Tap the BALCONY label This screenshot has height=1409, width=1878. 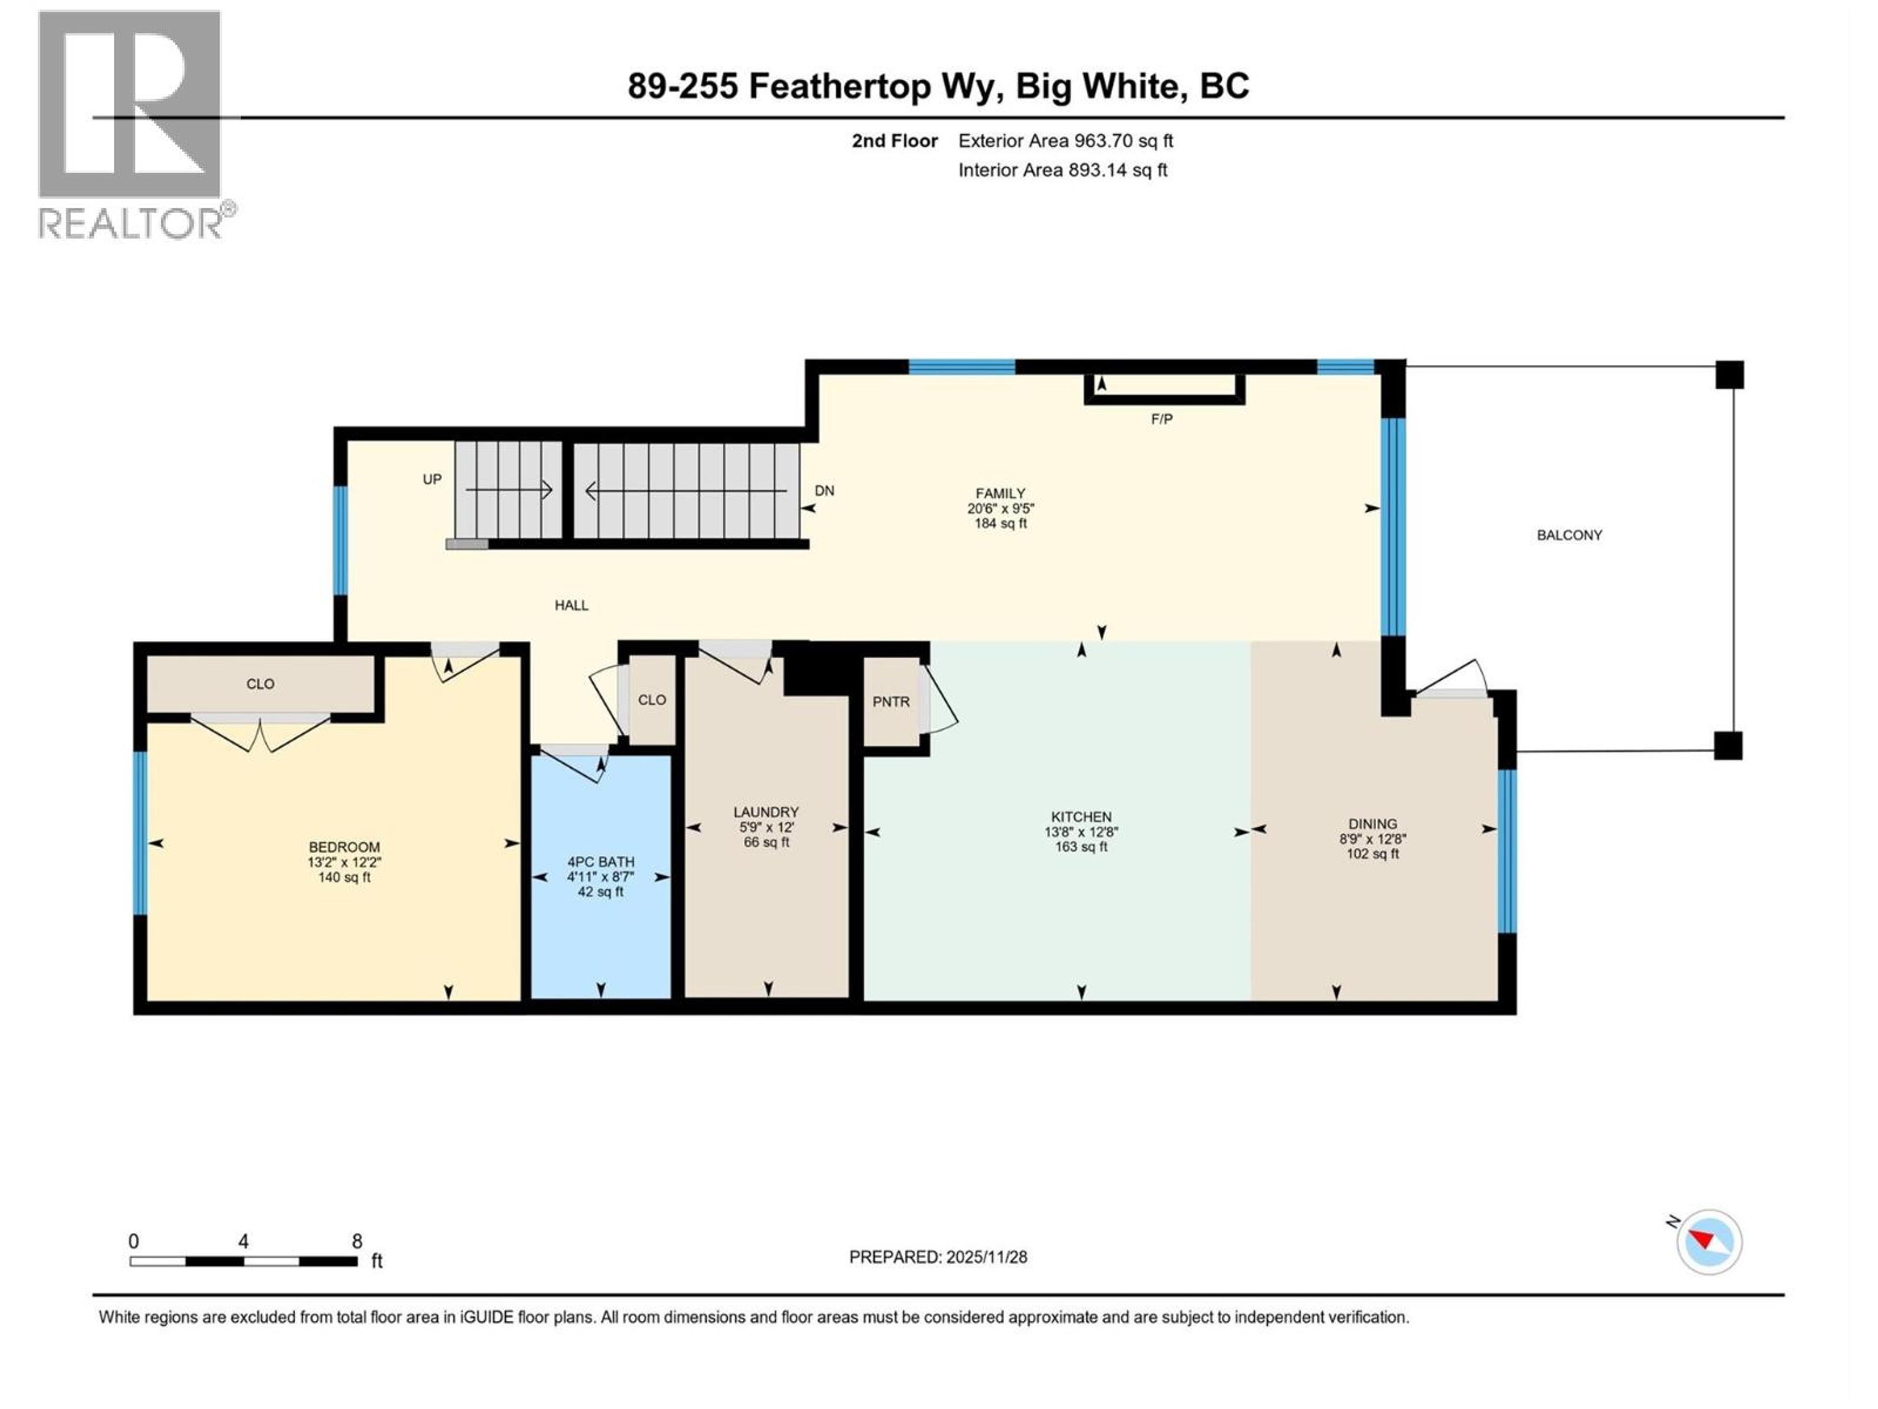click(x=1569, y=535)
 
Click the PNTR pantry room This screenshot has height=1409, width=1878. click(x=891, y=702)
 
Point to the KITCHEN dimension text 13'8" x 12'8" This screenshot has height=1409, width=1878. click(x=1081, y=832)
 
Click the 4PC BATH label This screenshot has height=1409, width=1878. click(x=600, y=861)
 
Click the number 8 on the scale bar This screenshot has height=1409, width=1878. click(x=357, y=1241)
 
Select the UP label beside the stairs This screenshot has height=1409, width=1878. click(x=432, y=479)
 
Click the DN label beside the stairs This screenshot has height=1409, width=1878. click(x=824, y=490)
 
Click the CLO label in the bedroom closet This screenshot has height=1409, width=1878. click(x=260, y=683)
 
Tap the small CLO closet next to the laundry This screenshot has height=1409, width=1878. click(x=651, y=700)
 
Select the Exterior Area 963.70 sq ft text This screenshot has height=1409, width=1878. click(x=1066, y=141)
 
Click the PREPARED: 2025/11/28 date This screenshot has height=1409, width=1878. click(x=938, y=1257)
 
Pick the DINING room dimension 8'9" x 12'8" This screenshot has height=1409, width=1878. click(x=1372, y=838)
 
